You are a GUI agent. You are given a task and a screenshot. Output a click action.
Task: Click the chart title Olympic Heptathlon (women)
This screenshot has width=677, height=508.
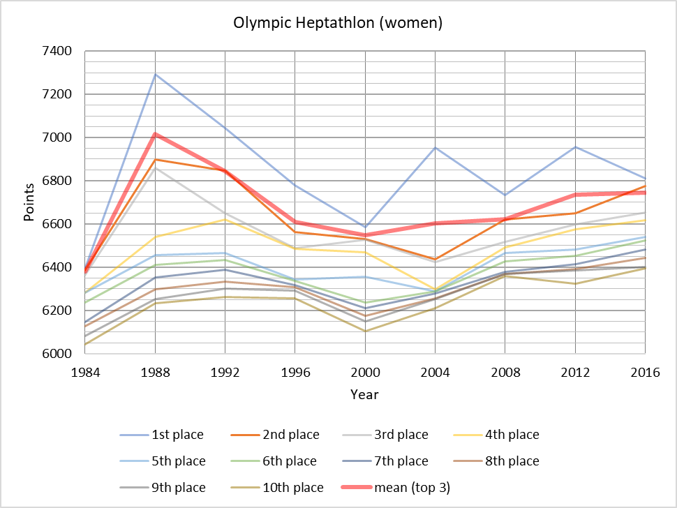[338, 23]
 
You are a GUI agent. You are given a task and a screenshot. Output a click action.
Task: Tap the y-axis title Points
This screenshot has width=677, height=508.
[29, 202]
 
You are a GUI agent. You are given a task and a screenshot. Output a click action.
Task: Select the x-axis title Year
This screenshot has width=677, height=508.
[364, 394]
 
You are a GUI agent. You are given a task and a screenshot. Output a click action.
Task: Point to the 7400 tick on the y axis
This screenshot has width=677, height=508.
[58, 51]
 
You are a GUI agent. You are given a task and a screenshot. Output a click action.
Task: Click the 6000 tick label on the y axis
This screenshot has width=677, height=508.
[58, 354]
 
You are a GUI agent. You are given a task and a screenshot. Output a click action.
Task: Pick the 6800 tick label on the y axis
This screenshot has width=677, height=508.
[58, 181]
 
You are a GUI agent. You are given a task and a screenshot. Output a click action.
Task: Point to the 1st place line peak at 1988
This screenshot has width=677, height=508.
[155, 74]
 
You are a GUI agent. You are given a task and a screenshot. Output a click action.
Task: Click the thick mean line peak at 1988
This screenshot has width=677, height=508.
[155, 134]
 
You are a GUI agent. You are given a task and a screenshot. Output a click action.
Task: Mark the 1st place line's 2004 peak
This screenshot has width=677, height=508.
[435, 147]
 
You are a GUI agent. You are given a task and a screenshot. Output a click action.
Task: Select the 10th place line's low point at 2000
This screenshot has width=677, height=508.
[365, 331]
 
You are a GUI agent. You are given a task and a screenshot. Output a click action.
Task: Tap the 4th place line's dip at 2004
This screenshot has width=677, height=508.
[435, 289]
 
